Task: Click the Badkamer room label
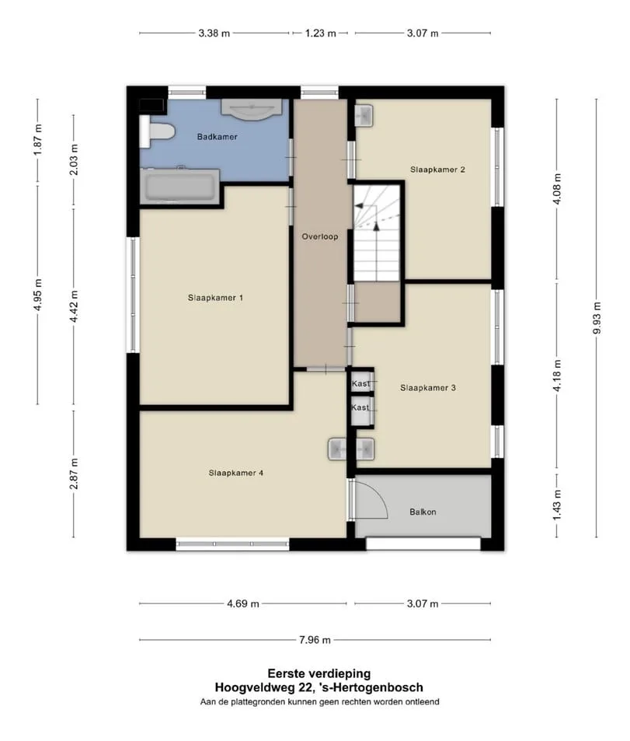tap(218, 137)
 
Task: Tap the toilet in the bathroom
tap(157, 132)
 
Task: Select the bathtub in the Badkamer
tap(180, 186)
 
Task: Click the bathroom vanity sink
tap(252, 109)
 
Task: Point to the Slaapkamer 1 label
tap(215, 298)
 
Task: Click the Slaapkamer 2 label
tap(438, 170)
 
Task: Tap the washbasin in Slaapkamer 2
tap(364, 115)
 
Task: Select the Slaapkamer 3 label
tap(428, 388)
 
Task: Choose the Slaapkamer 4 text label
tap(236, 473)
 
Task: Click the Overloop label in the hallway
tap(320, 236)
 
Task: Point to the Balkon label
tap(423, 512)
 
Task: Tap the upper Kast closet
tap(362, 382)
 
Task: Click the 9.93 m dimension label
tap(597, 318)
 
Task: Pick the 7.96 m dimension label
tap(315, 640)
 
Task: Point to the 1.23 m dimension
tap(321, 33)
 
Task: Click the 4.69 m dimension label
tap(243, 603)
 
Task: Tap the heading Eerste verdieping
tap(319, 673)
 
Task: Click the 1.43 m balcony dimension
tap(557, 505)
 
